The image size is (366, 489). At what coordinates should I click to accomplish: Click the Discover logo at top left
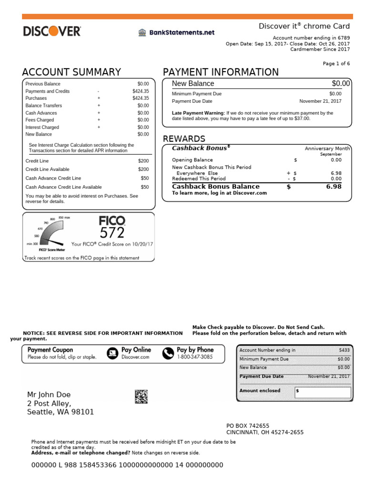pyautogui.click(x=52, y=32)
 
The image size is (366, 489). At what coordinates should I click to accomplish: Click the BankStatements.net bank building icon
pyautogui.click(x=142, y=32)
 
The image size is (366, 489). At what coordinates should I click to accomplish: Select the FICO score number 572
pyautogui.click(x=112, y=233)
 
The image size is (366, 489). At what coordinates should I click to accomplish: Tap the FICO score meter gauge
pyautogui.click(x=50, y=233)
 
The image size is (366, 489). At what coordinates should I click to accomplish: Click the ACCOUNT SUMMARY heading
pyautogui.click(x=71, y=72)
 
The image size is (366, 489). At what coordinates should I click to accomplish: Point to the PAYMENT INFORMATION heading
pyautogui.click(x=221, y=72)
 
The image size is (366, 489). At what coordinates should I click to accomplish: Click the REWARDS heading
pyautogui.click(x=184, y=138)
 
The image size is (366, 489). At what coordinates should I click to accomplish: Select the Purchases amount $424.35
pyautogui.click(x=141, y=98)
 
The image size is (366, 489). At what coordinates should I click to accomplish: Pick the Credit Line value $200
pyautogui.click(x=143, y=161)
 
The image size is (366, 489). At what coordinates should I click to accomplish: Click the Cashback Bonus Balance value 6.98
pyautogui.click(x=334, y=187)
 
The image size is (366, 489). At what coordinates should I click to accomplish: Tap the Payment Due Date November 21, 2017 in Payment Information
pyautogui.click(x=320, y=101)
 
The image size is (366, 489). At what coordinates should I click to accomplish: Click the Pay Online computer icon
pyautogui.click(x=112, y=353)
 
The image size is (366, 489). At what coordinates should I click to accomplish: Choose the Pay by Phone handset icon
pyautogui.click(x=168, y=353)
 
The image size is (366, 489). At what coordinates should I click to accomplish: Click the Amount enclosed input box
pyautogui.click(x=323, y=393)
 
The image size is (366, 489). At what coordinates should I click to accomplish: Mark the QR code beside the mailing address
pyautogui.click(x=141, y=396)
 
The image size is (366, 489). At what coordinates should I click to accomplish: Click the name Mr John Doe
pyautogui.click(x=49, y=394)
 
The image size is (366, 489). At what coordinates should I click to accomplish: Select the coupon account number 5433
pyautogui.click(x=343, y=350)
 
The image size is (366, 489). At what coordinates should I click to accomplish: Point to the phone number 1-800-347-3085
pyautogui.click(x=194, y=357)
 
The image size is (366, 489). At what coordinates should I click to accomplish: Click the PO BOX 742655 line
pyautogui.click(x=247, y=425)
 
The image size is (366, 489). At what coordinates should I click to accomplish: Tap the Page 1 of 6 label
pyautogui.click(x=336, y=64)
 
